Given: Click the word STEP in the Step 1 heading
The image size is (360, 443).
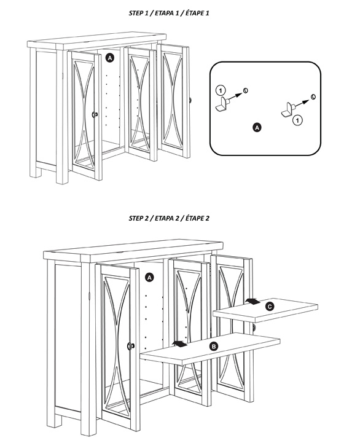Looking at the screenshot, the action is tap(136, 13).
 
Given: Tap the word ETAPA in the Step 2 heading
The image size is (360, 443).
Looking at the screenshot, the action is tap(164, 218).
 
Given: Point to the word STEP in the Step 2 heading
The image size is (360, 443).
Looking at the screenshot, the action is tap(136, 218).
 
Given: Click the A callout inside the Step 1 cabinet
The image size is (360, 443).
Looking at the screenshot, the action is tap(109, 58).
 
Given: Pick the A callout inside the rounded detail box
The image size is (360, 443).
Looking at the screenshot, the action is tap(257, 127).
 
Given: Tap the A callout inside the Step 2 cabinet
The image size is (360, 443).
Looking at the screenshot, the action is tap(149, 278).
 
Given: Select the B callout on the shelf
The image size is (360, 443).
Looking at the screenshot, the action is tap(214, 347).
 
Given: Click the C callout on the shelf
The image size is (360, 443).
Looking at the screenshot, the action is tap(270, 306).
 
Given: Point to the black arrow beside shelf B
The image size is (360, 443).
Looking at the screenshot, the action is tap(179, 344).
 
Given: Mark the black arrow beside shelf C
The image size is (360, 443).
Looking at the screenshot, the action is tap(253, 301).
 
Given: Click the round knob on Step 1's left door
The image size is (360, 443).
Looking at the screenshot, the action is tap(95, 114).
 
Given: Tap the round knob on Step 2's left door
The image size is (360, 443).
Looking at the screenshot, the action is tap(131, 346).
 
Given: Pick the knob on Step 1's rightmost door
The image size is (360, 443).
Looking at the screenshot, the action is tap(190, 100).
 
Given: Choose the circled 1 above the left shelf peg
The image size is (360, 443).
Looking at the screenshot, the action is tap(221, 90).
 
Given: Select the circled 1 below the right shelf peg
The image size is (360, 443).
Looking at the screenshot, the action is tap(297, 120).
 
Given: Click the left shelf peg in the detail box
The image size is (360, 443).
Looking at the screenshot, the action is tap(222, 104).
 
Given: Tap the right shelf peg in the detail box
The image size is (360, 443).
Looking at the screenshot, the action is tap(289, 110).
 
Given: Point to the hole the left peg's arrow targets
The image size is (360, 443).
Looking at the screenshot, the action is tap(246, 90).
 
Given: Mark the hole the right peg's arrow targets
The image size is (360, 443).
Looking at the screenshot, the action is tap(313, 96).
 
